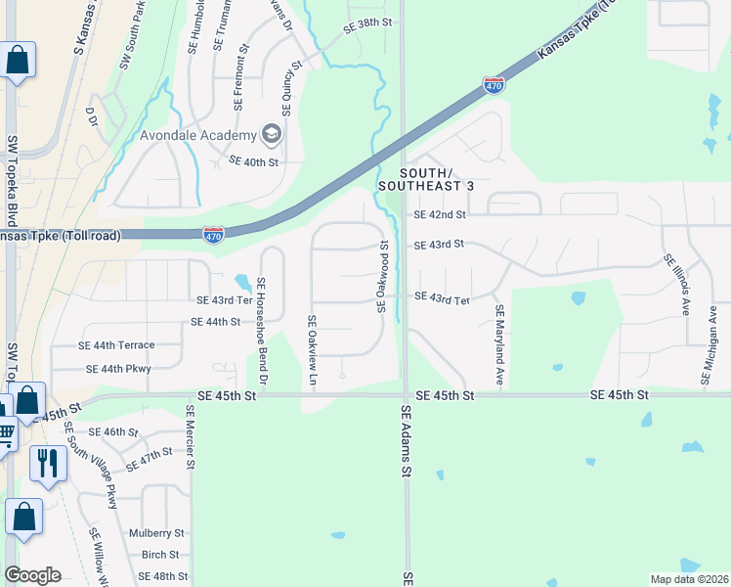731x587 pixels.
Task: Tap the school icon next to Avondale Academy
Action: pos(271,134)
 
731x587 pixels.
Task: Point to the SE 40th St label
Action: pos(253,160)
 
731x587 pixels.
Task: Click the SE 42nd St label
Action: pos(439,213)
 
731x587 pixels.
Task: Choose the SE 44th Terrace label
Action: pos(116,345)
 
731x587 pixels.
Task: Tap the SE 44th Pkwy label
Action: pos(118,369)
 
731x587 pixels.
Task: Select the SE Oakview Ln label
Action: pos(312,349)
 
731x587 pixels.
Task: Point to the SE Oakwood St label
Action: pos(384,279)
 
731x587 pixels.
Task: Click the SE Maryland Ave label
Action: pos(498,344)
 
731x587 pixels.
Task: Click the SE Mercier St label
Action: pos(192,436)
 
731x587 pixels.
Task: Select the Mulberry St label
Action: pos(156,533)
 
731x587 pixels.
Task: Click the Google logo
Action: pos(32,575)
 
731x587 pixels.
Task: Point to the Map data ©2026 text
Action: pos(688,579)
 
